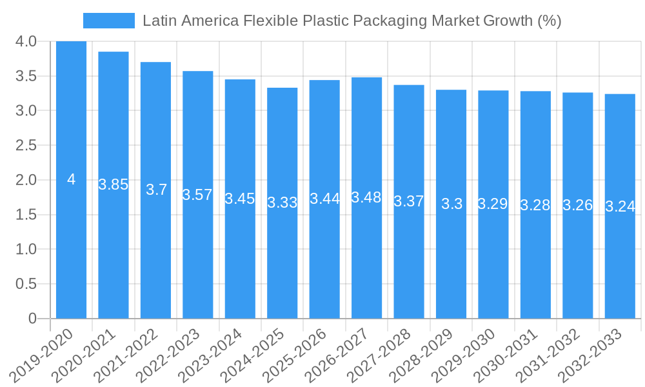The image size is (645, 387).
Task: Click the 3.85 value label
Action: pyautogui.click(x=114, y=184)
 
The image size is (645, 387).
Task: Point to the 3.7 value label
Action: pyautogui.click(x=156, y=190)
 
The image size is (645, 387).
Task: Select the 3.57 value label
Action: pyautogui.click(x=197, y=195)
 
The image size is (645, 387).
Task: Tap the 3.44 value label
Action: pyautogui.click(x=324, y=199)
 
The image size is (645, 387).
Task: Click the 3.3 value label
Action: pyautogui.click(x=451, y=204)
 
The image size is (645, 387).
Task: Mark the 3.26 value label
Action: pyautogui.click(x=577, y=205)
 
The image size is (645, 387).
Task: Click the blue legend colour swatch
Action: pyautogui.click(x=108, y=21)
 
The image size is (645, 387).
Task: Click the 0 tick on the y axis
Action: pyautogui.click(x=33, y=319)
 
